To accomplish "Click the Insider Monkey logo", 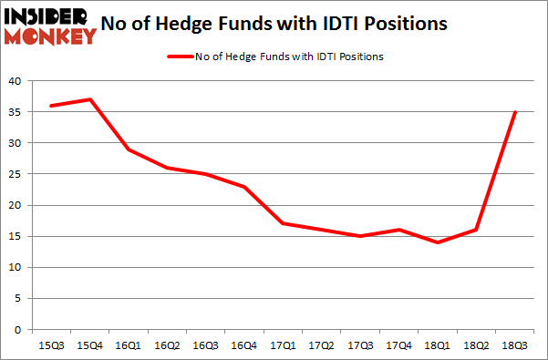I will tap(49, 25).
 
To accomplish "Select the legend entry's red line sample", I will tap(179, 57).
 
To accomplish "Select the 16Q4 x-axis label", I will tap(244, 345).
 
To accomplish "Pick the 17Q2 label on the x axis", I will tap(323, 345).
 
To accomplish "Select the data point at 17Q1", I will tap(284, 223).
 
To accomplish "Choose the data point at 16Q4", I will tap(244, 187).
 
